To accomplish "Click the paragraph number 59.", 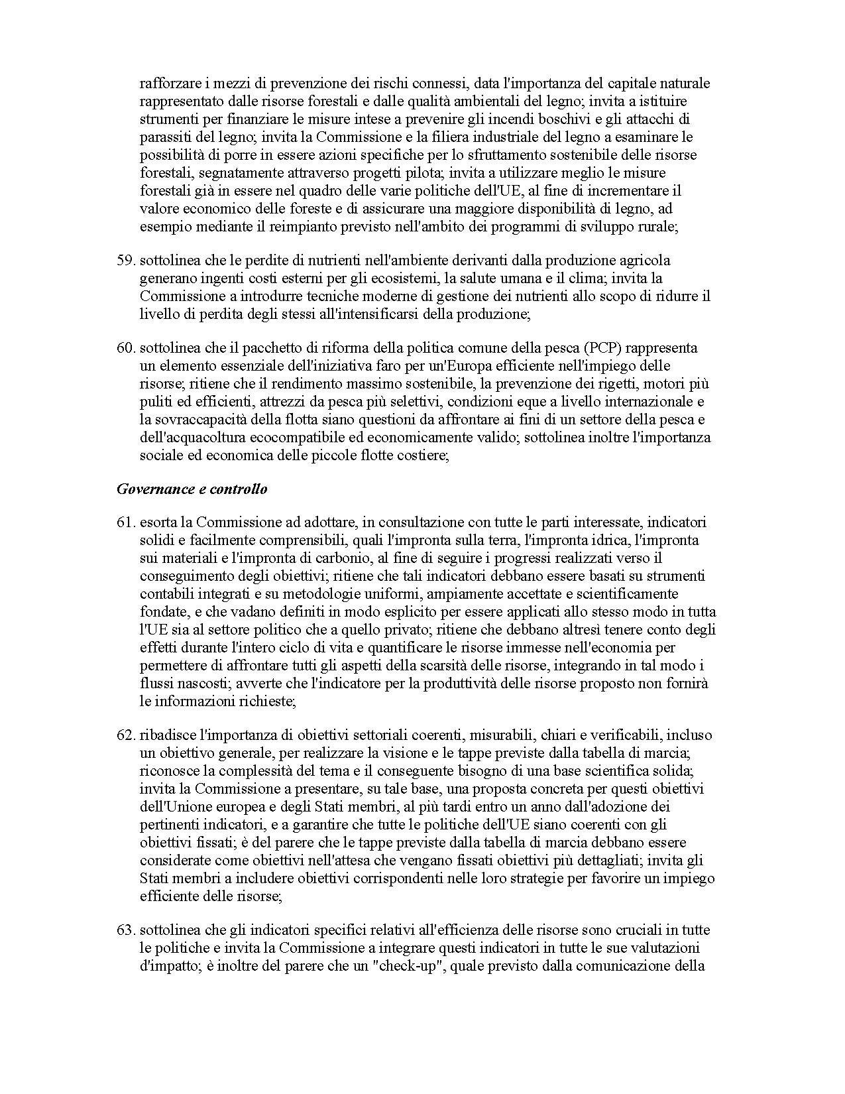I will pos(125,261).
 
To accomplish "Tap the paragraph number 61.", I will pos(125,522).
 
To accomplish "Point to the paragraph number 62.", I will pos(125,735).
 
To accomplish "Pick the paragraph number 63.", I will pos(125,930).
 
